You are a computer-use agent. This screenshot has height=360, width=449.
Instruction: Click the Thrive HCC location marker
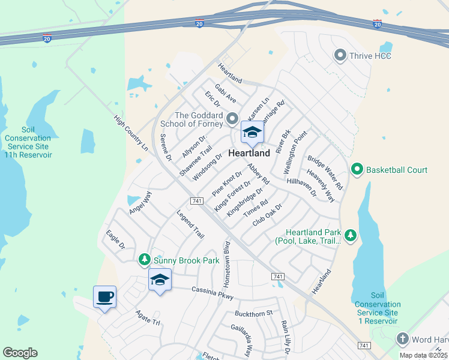340,56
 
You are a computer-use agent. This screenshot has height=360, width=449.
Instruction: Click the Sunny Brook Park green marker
144,260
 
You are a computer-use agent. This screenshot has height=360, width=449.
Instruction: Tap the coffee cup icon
104,296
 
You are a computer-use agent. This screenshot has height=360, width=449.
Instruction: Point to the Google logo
20,353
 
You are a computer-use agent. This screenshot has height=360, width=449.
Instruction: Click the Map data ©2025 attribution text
423,355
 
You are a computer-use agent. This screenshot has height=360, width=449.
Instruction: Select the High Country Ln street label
130,133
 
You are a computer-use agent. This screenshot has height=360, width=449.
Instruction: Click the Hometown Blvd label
227,264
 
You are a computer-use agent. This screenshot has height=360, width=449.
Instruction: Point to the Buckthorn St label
254,313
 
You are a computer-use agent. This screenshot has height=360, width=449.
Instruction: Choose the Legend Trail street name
190,224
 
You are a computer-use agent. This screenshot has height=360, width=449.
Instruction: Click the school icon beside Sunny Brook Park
160,280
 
